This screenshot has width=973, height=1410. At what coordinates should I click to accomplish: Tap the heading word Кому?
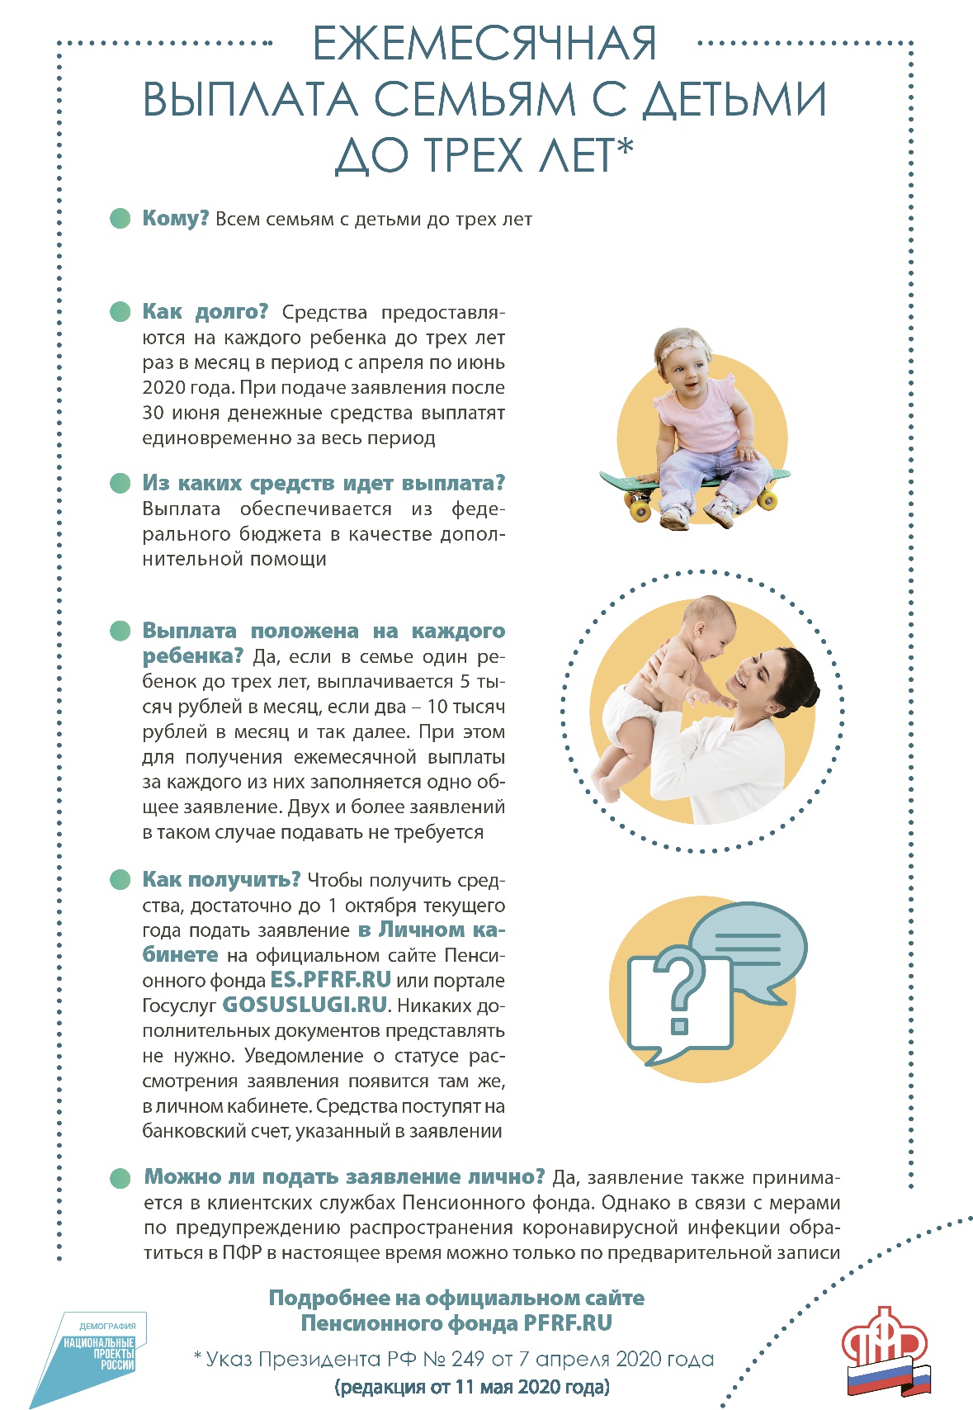click(175, 219)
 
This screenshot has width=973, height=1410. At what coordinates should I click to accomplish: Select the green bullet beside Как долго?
click(120, 312)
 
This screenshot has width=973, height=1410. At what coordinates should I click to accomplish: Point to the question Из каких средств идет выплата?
click(324, 483)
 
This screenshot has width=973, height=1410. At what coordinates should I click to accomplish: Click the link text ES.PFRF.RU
click(330, 981)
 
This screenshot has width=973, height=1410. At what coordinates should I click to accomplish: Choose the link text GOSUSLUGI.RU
click(305, 1005)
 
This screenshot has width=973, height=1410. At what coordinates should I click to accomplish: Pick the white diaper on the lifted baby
click(626, 715)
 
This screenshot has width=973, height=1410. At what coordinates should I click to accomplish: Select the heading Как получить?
click(221, 879)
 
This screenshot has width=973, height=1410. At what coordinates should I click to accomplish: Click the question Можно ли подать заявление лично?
click(344, 1177)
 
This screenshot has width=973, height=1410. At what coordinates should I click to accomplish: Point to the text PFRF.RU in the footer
click(568, 1324)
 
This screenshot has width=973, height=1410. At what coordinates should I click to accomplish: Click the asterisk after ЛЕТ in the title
click(625, 149)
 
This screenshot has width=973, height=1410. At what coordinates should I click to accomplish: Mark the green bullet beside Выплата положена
click(120, 632)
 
